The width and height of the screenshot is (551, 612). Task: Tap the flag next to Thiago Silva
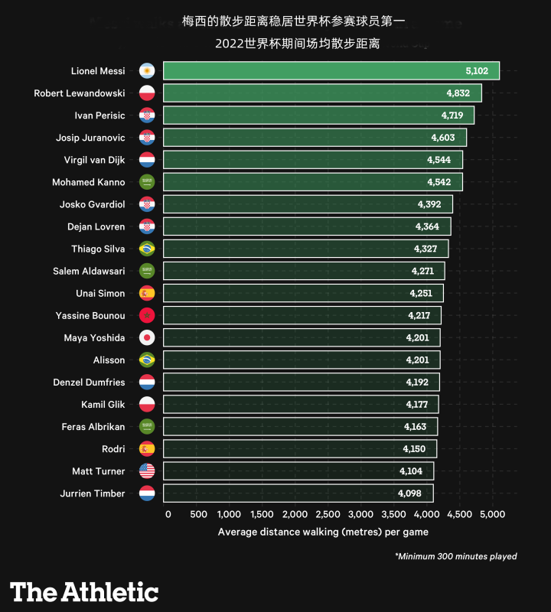click(147, 249)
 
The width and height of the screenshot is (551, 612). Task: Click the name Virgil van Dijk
click(94, 160)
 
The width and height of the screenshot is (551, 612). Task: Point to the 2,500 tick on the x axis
click(328, 515)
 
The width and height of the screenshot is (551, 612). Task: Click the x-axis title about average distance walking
click(323, 532)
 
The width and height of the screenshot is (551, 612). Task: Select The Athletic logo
click(84, 591)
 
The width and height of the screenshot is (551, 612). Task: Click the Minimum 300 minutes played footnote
click(455, 556)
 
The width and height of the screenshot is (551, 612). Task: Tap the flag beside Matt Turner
click(147, 470)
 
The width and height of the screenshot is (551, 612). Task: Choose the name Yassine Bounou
click(90, 315)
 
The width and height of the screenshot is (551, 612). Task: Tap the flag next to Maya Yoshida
click(147, 337)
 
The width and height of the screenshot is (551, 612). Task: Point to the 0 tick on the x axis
click(168, 515)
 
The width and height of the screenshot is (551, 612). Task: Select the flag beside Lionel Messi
click(147, 71)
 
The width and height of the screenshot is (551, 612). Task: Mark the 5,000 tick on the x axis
click(491, 515)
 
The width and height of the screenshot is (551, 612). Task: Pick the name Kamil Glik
click(103, 404)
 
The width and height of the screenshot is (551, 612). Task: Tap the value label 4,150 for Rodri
click(414, 448)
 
